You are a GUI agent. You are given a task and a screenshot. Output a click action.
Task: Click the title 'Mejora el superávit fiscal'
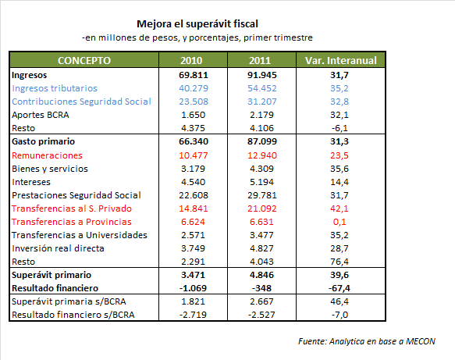(197, 23)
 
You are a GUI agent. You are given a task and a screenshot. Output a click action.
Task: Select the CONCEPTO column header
(84, 60)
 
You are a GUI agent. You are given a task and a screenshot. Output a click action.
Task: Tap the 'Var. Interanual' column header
(341, 60)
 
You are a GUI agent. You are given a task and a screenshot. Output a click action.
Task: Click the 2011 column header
(260, 60)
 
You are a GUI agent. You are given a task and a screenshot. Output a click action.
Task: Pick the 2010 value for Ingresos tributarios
(194, 88)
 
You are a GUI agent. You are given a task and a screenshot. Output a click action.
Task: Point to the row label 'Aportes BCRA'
(41, 115)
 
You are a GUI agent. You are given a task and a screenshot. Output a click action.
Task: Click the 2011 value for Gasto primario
(262, 141)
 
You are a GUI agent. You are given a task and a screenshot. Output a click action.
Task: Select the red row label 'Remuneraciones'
(47, 155)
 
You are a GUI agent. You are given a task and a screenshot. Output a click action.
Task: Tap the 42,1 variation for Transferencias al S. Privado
(339, 209)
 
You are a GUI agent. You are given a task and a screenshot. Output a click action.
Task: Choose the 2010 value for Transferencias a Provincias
(193, 222)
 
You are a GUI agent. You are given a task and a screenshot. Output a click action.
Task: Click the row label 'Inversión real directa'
(58, 248)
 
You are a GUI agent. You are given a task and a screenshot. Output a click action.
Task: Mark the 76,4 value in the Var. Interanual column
(339, 262)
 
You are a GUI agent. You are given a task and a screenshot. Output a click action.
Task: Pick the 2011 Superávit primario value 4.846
(261, 275)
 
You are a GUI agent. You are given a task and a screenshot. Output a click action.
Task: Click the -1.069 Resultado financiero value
(193, 288)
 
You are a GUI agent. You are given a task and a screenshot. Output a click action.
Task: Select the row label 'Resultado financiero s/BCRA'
(73, 315)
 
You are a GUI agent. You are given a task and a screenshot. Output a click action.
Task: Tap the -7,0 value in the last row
(339, 315)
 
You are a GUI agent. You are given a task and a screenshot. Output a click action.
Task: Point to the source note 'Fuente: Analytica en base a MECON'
(367, 341)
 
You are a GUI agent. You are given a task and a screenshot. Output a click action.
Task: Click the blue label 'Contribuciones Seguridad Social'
(81, 102)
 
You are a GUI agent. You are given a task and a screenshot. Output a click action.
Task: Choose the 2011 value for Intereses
(261, 182)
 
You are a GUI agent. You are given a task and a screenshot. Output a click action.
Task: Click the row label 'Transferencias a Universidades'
(80, 235)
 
